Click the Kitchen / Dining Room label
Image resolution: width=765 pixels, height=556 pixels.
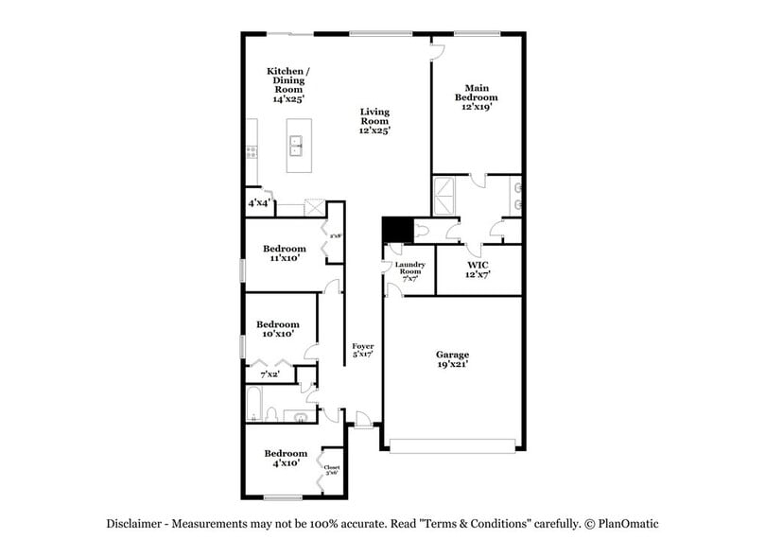pos(287,84)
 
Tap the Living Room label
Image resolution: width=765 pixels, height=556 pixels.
pos(374,121)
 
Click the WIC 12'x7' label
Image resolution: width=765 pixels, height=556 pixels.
pos(478,269)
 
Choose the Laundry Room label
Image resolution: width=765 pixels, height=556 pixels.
pos(410,271)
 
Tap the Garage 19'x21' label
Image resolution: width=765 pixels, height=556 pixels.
pos(452,360)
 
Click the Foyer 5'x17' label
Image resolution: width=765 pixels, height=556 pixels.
pos(363,352)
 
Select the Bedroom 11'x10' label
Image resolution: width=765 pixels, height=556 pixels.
pos(284,253)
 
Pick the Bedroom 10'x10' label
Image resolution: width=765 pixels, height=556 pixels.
pos(277,328)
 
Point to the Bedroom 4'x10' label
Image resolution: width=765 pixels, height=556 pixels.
pos(286,458)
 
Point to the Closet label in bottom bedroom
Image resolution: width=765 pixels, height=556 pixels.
pos(331,469)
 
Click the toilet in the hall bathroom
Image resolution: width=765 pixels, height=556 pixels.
pos(272,414)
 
